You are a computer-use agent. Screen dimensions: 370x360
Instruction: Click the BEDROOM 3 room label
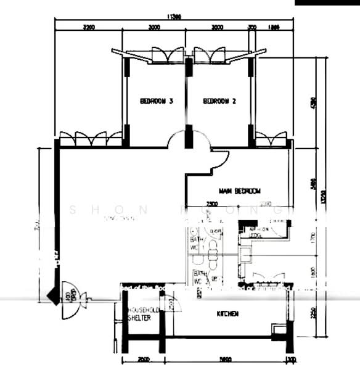click(x=155, y=101)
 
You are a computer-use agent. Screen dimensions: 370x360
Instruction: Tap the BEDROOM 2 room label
click(x=219, y=101)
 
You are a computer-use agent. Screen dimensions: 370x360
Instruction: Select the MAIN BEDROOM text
click(x=240, y=191)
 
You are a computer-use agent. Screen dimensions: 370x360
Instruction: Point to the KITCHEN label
click(x=227, y=314)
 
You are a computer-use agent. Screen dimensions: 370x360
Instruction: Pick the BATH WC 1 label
click(x=195, y=243)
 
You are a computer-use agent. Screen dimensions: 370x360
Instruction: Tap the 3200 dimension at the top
click(x=89, y=28)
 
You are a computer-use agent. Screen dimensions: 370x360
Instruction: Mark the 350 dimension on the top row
click(x=252, y=28)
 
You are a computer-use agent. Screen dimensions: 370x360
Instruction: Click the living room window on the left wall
click(x=91, y=139)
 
